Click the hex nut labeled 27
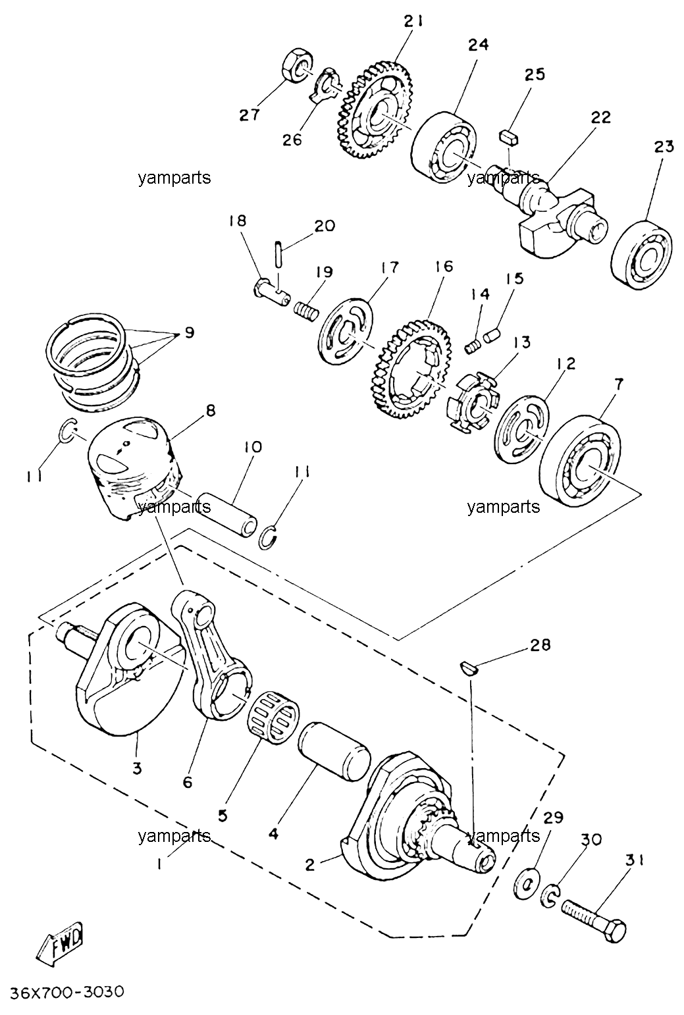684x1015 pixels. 298,65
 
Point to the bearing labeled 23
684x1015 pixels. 641,255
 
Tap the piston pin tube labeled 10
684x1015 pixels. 228,514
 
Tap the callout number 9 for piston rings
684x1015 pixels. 189,334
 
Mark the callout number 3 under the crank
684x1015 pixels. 138,769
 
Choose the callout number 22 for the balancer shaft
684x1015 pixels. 600,117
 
